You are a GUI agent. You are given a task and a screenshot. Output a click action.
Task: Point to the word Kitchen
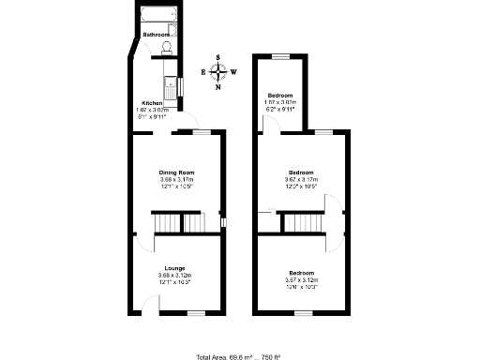pyautogui.click(x=152, y=103)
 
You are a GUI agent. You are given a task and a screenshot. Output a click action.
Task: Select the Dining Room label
pyautogui.click(x=175, y=172)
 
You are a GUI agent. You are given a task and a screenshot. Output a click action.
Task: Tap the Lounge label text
pyautogui.click(x=175, y=267)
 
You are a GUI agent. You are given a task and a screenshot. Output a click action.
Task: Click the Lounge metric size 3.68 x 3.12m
pyautogui.click(x=175, y=275)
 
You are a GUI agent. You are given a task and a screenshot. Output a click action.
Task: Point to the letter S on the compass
pyautogui.click(x=218, y=58)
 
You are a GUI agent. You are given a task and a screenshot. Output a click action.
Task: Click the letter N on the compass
pyautogui.click(x=218, y=88)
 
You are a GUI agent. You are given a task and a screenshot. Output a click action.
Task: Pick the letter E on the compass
pyautogui.click(x=203, y=72)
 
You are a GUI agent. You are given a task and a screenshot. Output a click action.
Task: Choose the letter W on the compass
pyautogui.click(x=233, y=72)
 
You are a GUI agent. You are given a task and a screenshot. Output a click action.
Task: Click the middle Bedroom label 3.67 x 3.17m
pyautogui.click(x=301, y=179)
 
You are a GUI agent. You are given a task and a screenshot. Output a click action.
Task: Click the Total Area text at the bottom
pyautogui.click(x=239, y=356)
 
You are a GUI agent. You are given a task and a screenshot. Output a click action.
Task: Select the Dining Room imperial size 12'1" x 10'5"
pyautogui.click(x=175, y=186)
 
